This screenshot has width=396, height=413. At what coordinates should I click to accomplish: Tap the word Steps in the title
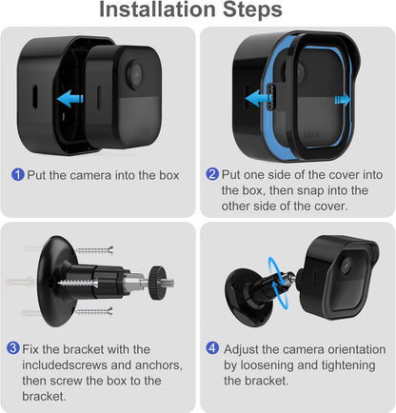coord(252,10)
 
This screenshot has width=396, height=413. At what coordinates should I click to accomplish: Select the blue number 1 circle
coord(18,174)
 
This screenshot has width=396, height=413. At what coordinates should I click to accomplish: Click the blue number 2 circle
coord(212,174)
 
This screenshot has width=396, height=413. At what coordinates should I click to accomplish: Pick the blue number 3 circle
coord(13,348)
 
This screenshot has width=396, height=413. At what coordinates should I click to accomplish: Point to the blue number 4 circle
coord(212,348)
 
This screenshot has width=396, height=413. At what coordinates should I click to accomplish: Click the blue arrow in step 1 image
coord(70,99)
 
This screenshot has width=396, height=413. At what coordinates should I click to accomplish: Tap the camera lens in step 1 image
coord(135,73)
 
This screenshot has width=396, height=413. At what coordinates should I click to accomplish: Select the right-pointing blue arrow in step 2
coord(343,100)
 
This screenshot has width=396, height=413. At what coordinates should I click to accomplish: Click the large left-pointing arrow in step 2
coord(258,98)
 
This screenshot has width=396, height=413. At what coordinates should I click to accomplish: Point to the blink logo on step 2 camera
coord(311,133)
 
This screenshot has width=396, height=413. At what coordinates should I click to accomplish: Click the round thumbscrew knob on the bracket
coord(157,283)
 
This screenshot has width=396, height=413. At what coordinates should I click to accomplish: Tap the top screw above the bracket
coord(94,250)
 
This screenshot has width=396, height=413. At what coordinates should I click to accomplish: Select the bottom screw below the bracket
coord(93,311)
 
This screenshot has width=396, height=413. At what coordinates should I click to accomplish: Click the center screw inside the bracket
coord(78,282)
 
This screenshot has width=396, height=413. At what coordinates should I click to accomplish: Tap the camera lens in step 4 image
coord(346,265)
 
